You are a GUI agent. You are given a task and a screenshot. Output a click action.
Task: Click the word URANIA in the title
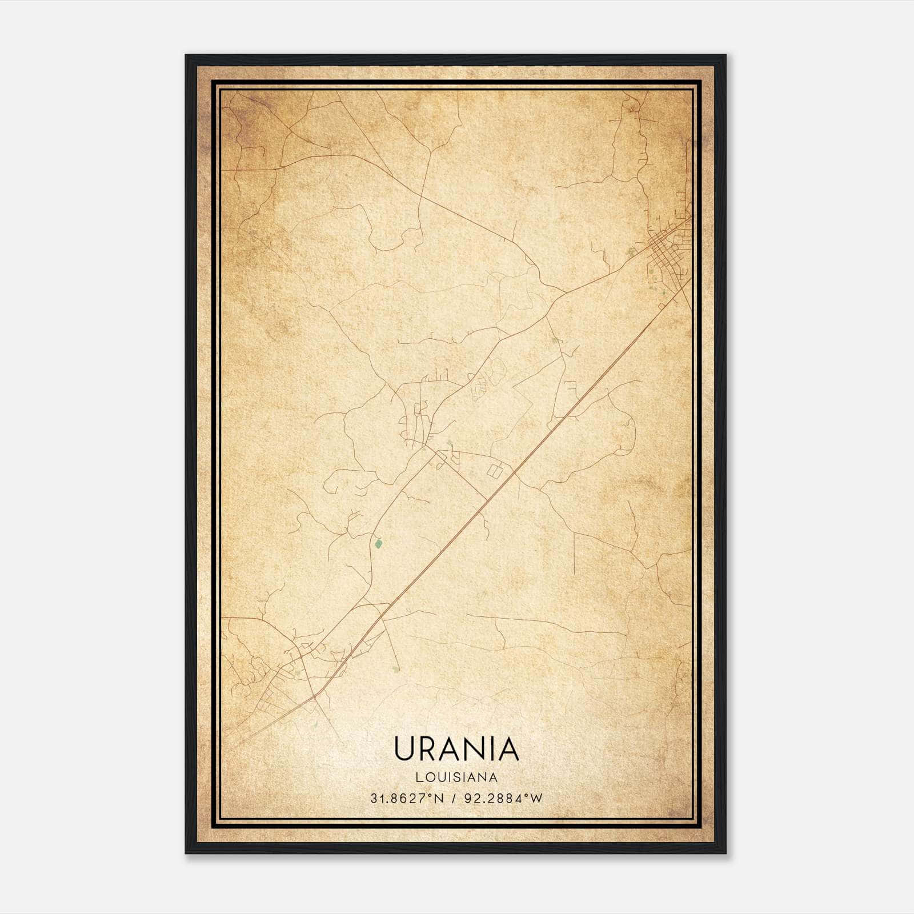point(456,748)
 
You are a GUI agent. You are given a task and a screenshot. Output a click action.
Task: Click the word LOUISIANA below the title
point(456,777)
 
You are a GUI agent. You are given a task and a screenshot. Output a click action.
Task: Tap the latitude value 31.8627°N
point(406,799)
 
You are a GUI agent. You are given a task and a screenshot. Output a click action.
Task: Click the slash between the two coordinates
point(454,799)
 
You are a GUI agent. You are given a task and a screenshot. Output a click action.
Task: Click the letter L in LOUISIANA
point(419,777)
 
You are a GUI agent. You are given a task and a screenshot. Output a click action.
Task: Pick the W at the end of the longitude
point(535,799)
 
